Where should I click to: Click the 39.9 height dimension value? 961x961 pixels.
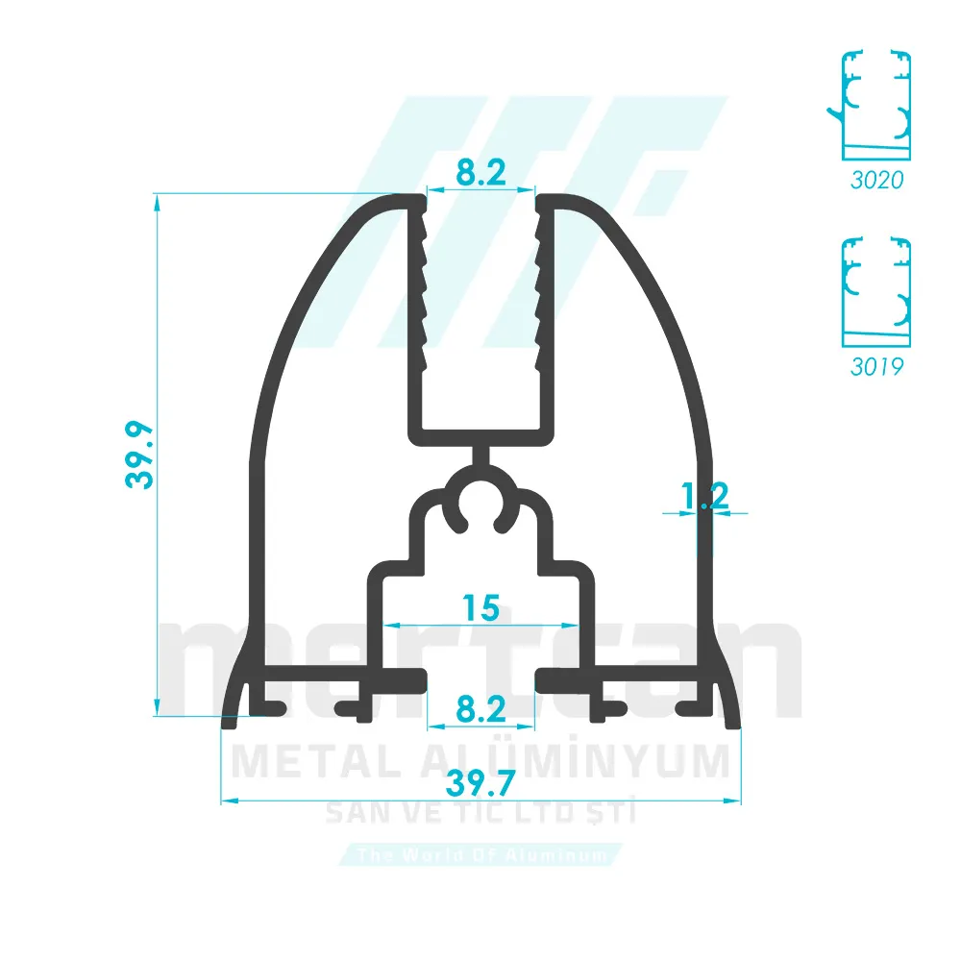pyautogui.click(x=140, y=454)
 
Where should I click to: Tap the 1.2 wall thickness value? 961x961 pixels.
pyautogui.click(x=704, y=496)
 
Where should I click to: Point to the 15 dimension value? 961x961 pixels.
pyautogui.click(x=480, y=608)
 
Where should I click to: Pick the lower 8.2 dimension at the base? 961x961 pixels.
pyautogui.click(x=480, y=709)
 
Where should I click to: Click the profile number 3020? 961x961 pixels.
pyautogui.click(x=876, y=180)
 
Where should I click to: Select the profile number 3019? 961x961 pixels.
pyautogui.click(x=876, y=366)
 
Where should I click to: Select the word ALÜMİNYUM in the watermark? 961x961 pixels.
pyautogui.click(x=577, y=761)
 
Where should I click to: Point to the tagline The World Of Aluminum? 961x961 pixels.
pyautogui.click(x=480, y=854)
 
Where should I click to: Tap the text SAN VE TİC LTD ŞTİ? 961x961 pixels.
pyautogui.click(x=480, y=815)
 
